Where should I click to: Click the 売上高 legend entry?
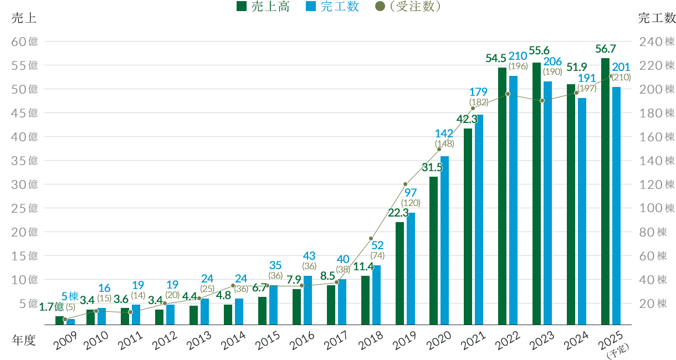coord(263,7)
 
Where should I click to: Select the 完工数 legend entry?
coord(332,7)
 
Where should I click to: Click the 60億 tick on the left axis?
coord(25,42)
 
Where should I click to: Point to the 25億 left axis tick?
coord(25,208)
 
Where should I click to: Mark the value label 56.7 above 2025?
coord(606,48)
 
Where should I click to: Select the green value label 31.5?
coord(433,167)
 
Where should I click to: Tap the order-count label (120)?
coord(410,203)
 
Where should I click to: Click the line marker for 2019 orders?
coord(405,184)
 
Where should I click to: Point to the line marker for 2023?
coord(542,100)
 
